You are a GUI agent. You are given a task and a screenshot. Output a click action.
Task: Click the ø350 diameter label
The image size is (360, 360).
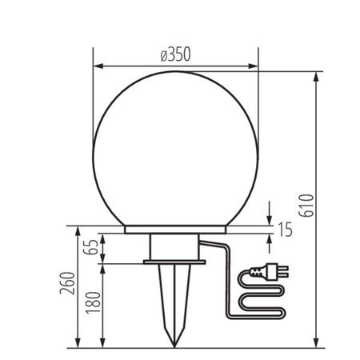click(x=175, y=55)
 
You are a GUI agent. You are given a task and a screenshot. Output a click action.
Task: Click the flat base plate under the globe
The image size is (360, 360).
click(x=175, y=230)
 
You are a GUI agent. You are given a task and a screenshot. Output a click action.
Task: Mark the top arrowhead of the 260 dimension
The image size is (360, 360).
click(x=78, y=231)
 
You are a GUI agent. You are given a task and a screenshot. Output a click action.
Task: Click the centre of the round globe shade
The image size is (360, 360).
click(x=176, y=148)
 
